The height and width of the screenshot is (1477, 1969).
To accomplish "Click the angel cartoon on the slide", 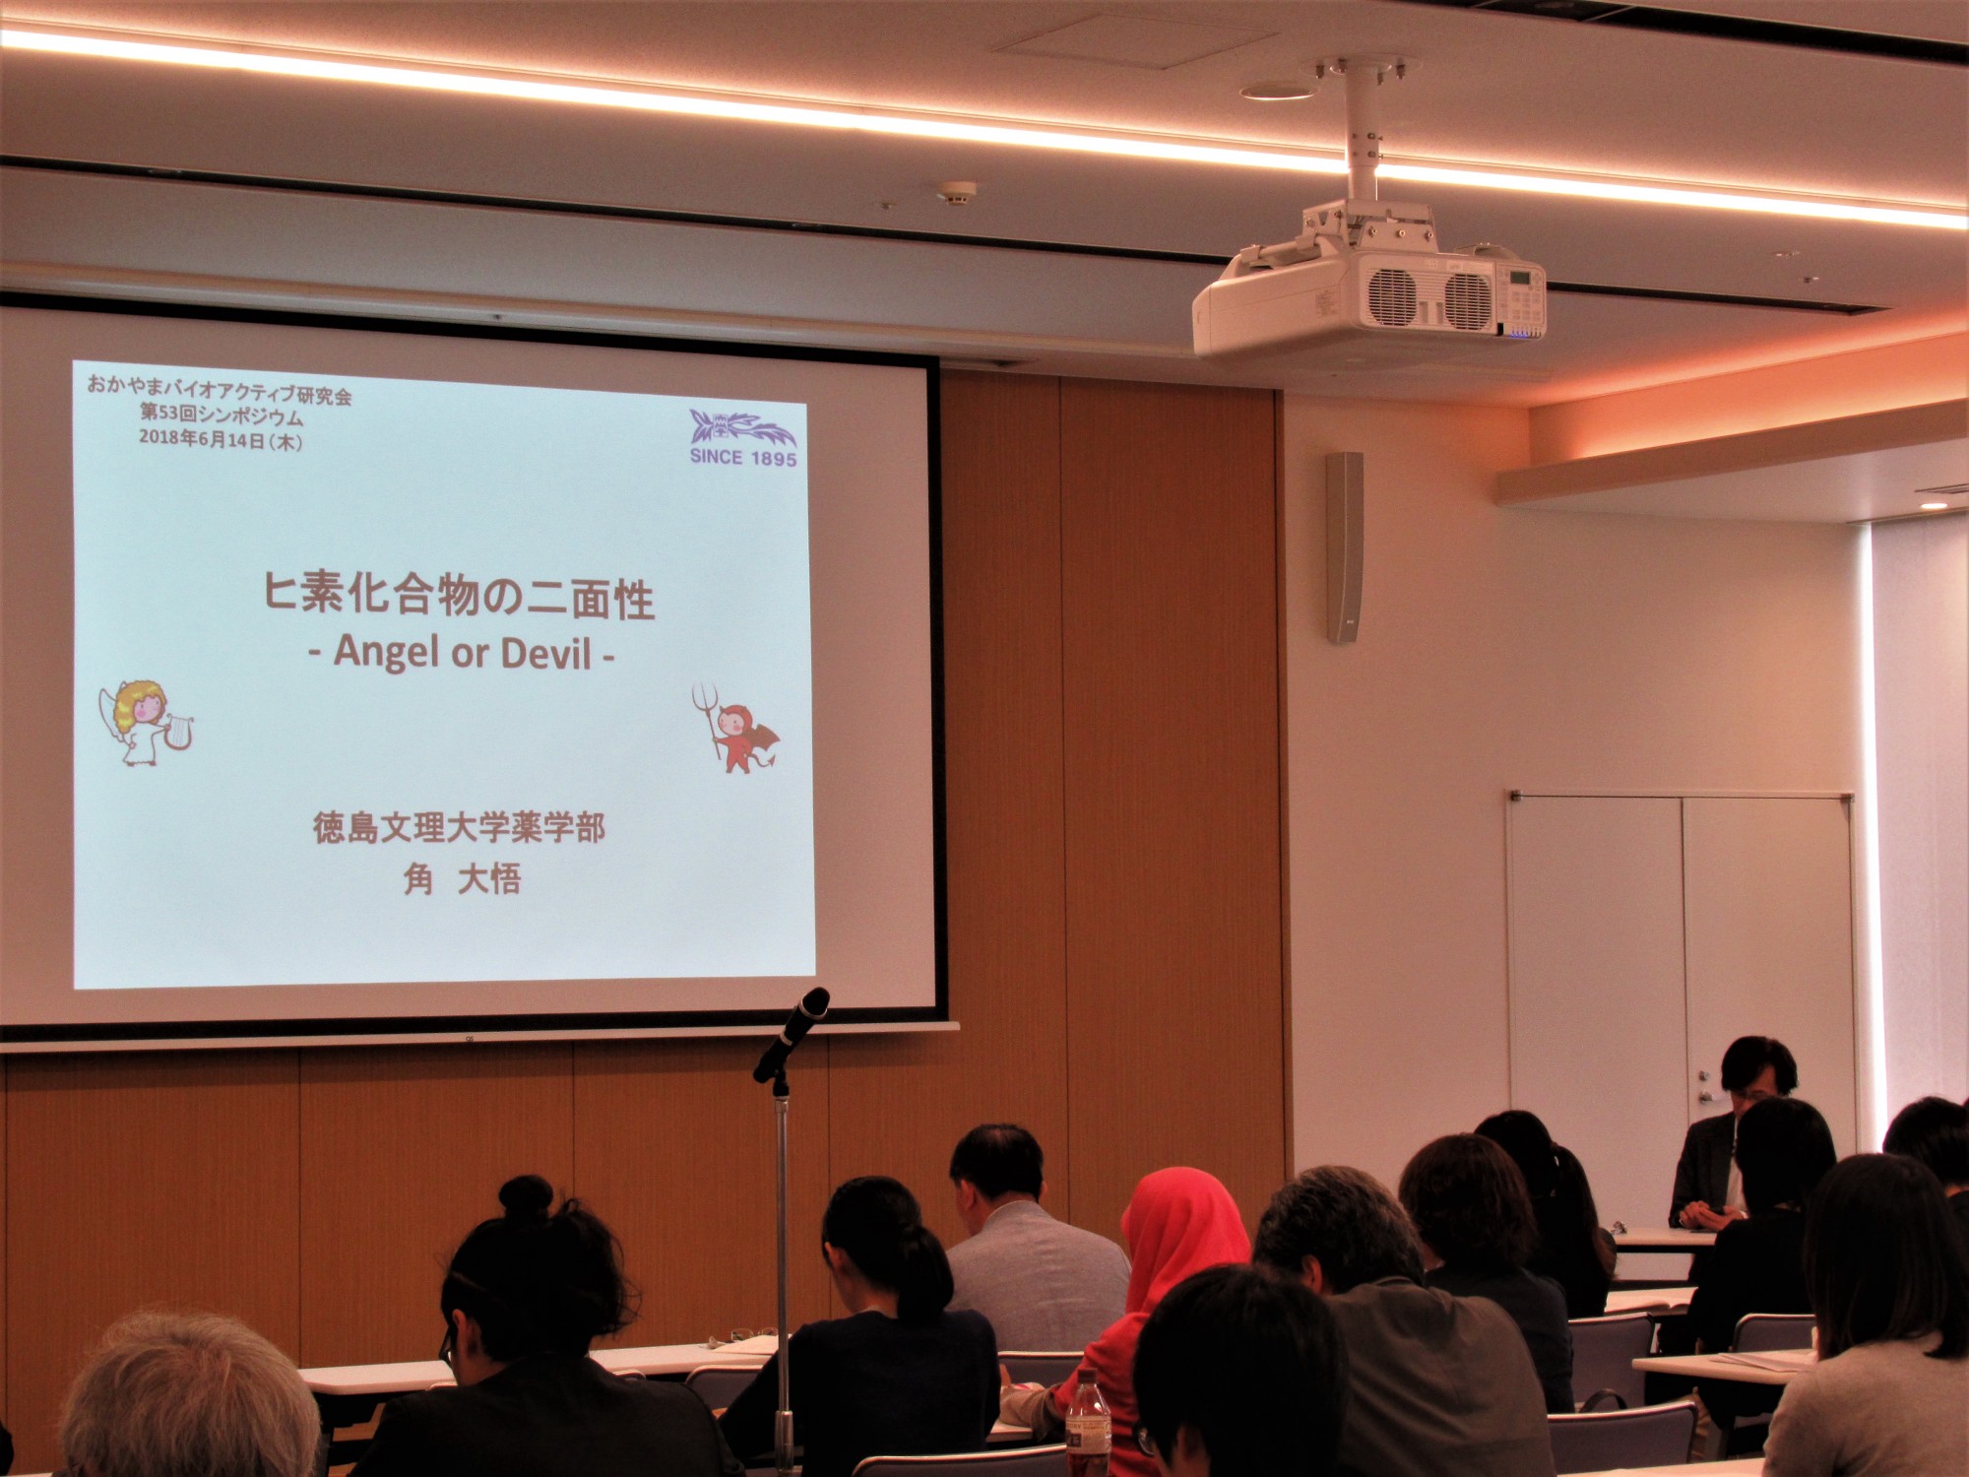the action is point(145,723).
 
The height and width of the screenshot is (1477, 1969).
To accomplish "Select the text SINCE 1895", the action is point(743,457).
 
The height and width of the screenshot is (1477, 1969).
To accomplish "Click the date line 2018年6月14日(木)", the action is point(221,439).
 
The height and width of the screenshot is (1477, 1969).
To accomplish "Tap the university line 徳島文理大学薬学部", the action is point(459,827).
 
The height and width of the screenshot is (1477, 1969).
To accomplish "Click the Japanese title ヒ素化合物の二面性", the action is point(459,596).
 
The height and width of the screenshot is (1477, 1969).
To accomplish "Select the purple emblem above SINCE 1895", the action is point(742,428).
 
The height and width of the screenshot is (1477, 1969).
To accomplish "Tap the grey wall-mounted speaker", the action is point(1345,547).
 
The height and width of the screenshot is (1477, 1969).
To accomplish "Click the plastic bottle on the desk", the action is point(1088,1423).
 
